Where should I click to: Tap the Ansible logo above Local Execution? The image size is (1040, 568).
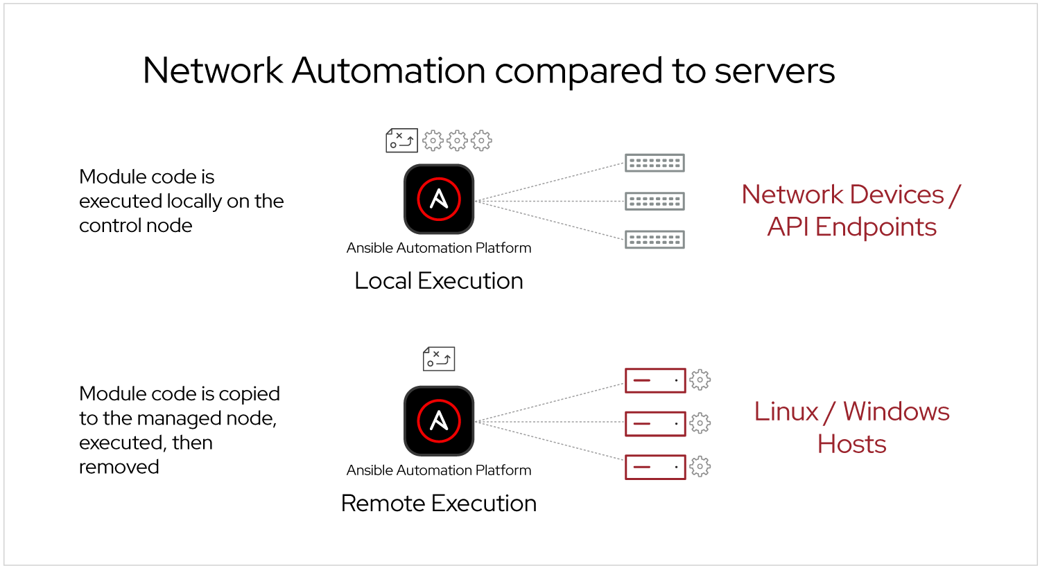tap(439, 199)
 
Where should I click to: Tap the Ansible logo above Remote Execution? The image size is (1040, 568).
tap(439, 421)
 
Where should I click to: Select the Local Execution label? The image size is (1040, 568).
tap(438, 281)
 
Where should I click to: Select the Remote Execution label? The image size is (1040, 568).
tap(438, 503)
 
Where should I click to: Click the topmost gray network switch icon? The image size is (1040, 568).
tap(655, 163)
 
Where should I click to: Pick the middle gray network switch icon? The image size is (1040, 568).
tap(655, 202)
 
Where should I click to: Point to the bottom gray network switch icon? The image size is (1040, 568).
tap(655, 240)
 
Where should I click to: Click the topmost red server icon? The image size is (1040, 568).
tap(655, 380)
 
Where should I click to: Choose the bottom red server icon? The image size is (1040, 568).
tap(655, 467)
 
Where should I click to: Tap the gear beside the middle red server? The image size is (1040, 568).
tap(700, 423)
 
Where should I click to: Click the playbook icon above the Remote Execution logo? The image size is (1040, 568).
tap(439, 359)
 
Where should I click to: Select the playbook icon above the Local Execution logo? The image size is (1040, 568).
tap(401, 140)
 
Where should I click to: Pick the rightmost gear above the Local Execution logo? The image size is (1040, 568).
tap(481, 141)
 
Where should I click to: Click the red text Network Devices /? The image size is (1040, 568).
tap(851, 195)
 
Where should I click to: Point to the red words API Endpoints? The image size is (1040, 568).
tap(851, 227)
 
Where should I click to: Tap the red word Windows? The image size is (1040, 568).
tap(896, 411)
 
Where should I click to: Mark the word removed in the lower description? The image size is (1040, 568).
tap(119, 467)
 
